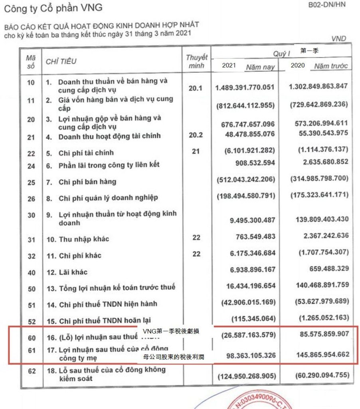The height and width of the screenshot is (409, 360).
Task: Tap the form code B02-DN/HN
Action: coord(327,5)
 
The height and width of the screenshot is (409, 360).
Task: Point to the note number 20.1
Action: coord(196,88)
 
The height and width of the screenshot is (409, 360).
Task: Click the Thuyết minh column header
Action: coord(196,62)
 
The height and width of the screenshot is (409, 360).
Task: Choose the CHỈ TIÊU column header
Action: coord(61,62)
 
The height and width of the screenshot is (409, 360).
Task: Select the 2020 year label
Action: coord(298,65)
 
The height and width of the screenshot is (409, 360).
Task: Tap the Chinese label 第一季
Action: coord(309,51)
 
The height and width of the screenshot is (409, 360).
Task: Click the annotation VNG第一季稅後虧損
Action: coord(171,332)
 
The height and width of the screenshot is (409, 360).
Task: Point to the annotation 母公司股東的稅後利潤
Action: coord(174,357)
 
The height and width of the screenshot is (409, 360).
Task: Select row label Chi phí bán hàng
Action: coord(87,182)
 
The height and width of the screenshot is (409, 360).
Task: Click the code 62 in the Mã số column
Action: coord(31,371)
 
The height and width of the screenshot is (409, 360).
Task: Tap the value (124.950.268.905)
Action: coord(245,376)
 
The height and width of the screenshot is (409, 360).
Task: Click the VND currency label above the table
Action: coord(338,39)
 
